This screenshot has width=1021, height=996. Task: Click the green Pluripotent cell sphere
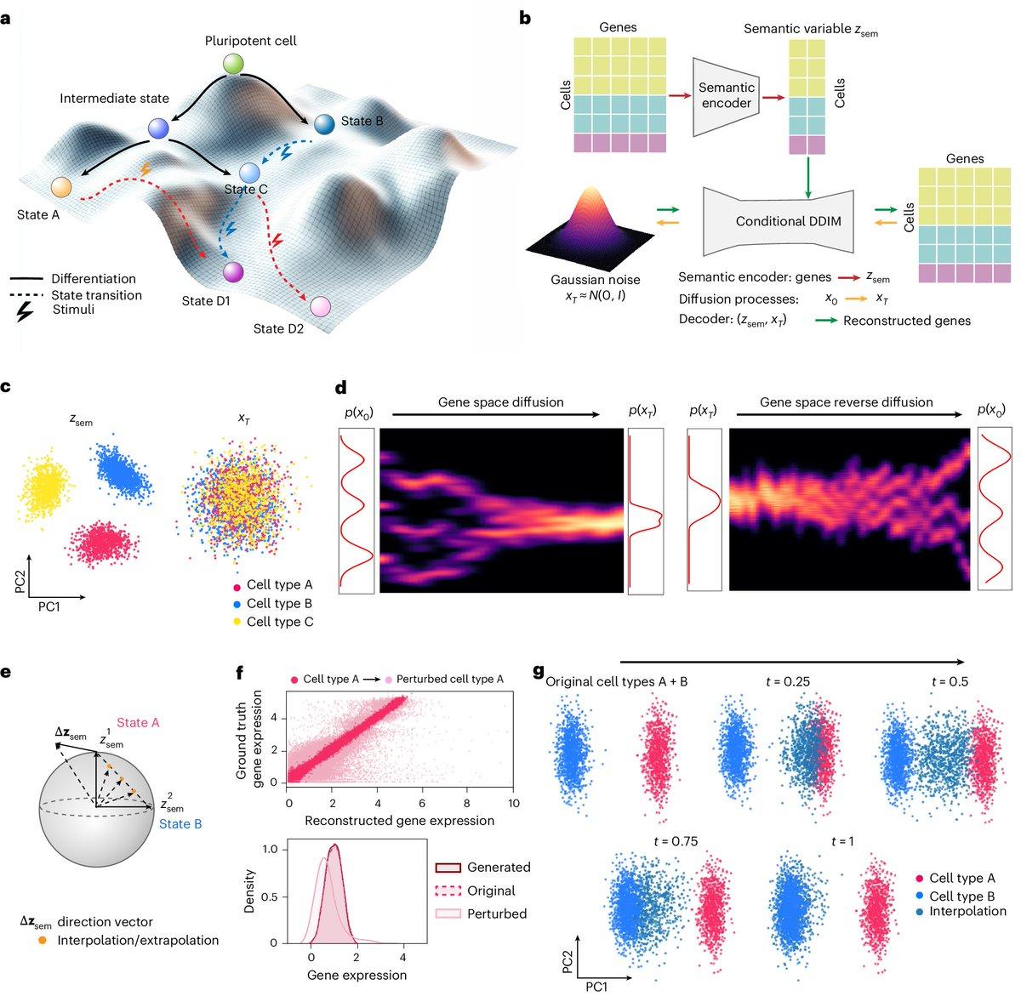point(233,64)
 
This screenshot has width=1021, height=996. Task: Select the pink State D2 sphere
point(321,306)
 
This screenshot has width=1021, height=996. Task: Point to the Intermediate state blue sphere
point(158,128)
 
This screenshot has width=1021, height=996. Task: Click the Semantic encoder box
point(726,95)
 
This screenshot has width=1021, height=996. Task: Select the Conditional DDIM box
point(777,220)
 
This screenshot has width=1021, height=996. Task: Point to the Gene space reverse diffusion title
point(846,402)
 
